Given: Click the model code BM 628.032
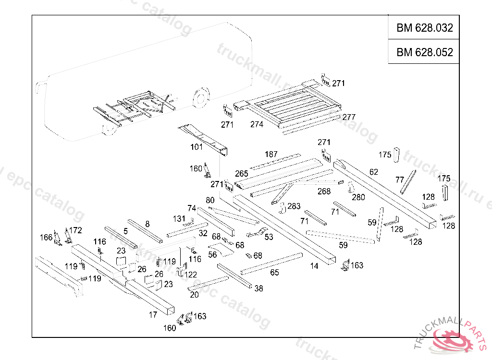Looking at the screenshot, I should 424,28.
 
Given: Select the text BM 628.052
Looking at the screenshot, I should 424,52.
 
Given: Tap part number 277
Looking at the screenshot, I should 349,117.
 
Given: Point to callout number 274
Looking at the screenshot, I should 257,124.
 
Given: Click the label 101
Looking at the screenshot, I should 197,147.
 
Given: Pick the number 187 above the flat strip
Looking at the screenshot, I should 271,154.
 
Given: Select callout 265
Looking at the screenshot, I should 241,173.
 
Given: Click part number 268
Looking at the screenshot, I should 324,191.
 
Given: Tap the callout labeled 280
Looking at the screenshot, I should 358,197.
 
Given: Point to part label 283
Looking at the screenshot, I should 294,206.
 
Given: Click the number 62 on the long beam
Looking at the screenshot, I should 374,172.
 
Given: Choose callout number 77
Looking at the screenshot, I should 399,180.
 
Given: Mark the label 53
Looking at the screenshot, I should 269,237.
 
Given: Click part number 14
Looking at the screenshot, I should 314,265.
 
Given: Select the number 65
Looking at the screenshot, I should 274,273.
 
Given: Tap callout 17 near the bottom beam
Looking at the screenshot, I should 153,315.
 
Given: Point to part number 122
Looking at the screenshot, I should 191,275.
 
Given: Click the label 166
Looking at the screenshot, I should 46,237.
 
